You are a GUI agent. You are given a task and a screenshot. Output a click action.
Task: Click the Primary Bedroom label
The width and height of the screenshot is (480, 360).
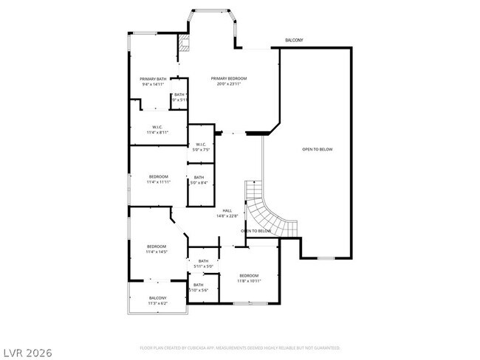[x=228, y=79]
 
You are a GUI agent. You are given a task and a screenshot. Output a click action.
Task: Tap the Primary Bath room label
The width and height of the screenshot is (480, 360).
[x=153, y=79]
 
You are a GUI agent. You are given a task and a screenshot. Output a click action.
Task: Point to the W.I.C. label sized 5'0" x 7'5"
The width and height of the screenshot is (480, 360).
[x=201, y=144]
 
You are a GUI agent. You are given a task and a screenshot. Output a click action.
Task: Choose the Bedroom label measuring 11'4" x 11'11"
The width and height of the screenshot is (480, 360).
[x=158, y=176]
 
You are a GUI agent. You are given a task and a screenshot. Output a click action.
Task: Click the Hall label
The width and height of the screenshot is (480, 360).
[x=227, y=211]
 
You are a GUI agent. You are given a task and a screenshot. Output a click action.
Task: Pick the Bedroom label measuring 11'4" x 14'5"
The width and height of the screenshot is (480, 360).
[x=157, y=246]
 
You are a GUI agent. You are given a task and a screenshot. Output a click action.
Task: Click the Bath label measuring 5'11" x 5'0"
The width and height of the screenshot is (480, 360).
[x=203, y=260]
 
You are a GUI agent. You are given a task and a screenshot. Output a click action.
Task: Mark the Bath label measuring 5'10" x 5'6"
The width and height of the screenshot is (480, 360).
[x=198, y=285]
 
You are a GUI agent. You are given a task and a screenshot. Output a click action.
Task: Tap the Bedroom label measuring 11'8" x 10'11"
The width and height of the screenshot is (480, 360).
[x=248, y=275]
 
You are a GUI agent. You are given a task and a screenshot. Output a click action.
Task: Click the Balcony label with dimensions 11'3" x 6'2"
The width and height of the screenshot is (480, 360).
[x=157, y=298]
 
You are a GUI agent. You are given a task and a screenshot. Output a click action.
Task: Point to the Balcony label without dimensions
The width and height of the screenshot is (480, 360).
[x=294, y=40]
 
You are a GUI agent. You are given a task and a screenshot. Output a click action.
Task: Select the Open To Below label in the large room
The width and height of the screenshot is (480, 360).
[x=317, y=149]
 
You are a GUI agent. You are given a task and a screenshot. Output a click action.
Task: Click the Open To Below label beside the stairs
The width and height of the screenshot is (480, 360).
[x=254, y=231]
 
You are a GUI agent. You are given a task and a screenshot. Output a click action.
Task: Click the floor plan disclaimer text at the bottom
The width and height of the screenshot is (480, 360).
[x=240, y=347]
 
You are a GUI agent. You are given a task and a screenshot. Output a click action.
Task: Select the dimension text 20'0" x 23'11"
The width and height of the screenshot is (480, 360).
[x=228, y=83]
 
